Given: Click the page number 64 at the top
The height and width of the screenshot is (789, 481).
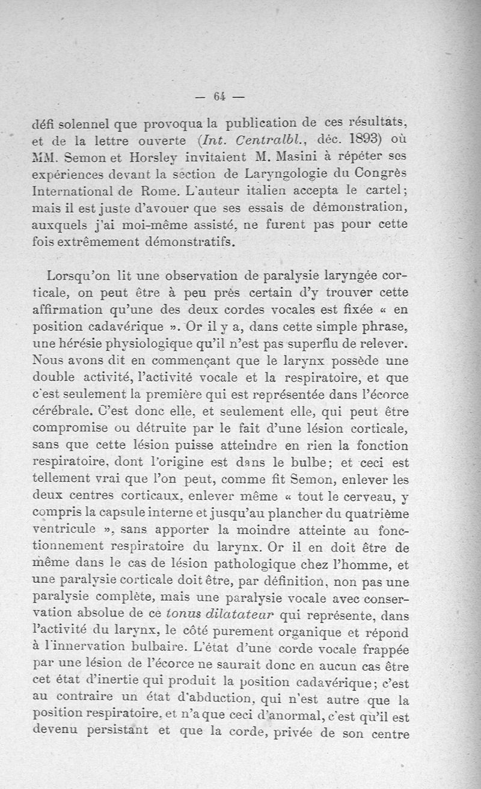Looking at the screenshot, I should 218,95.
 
